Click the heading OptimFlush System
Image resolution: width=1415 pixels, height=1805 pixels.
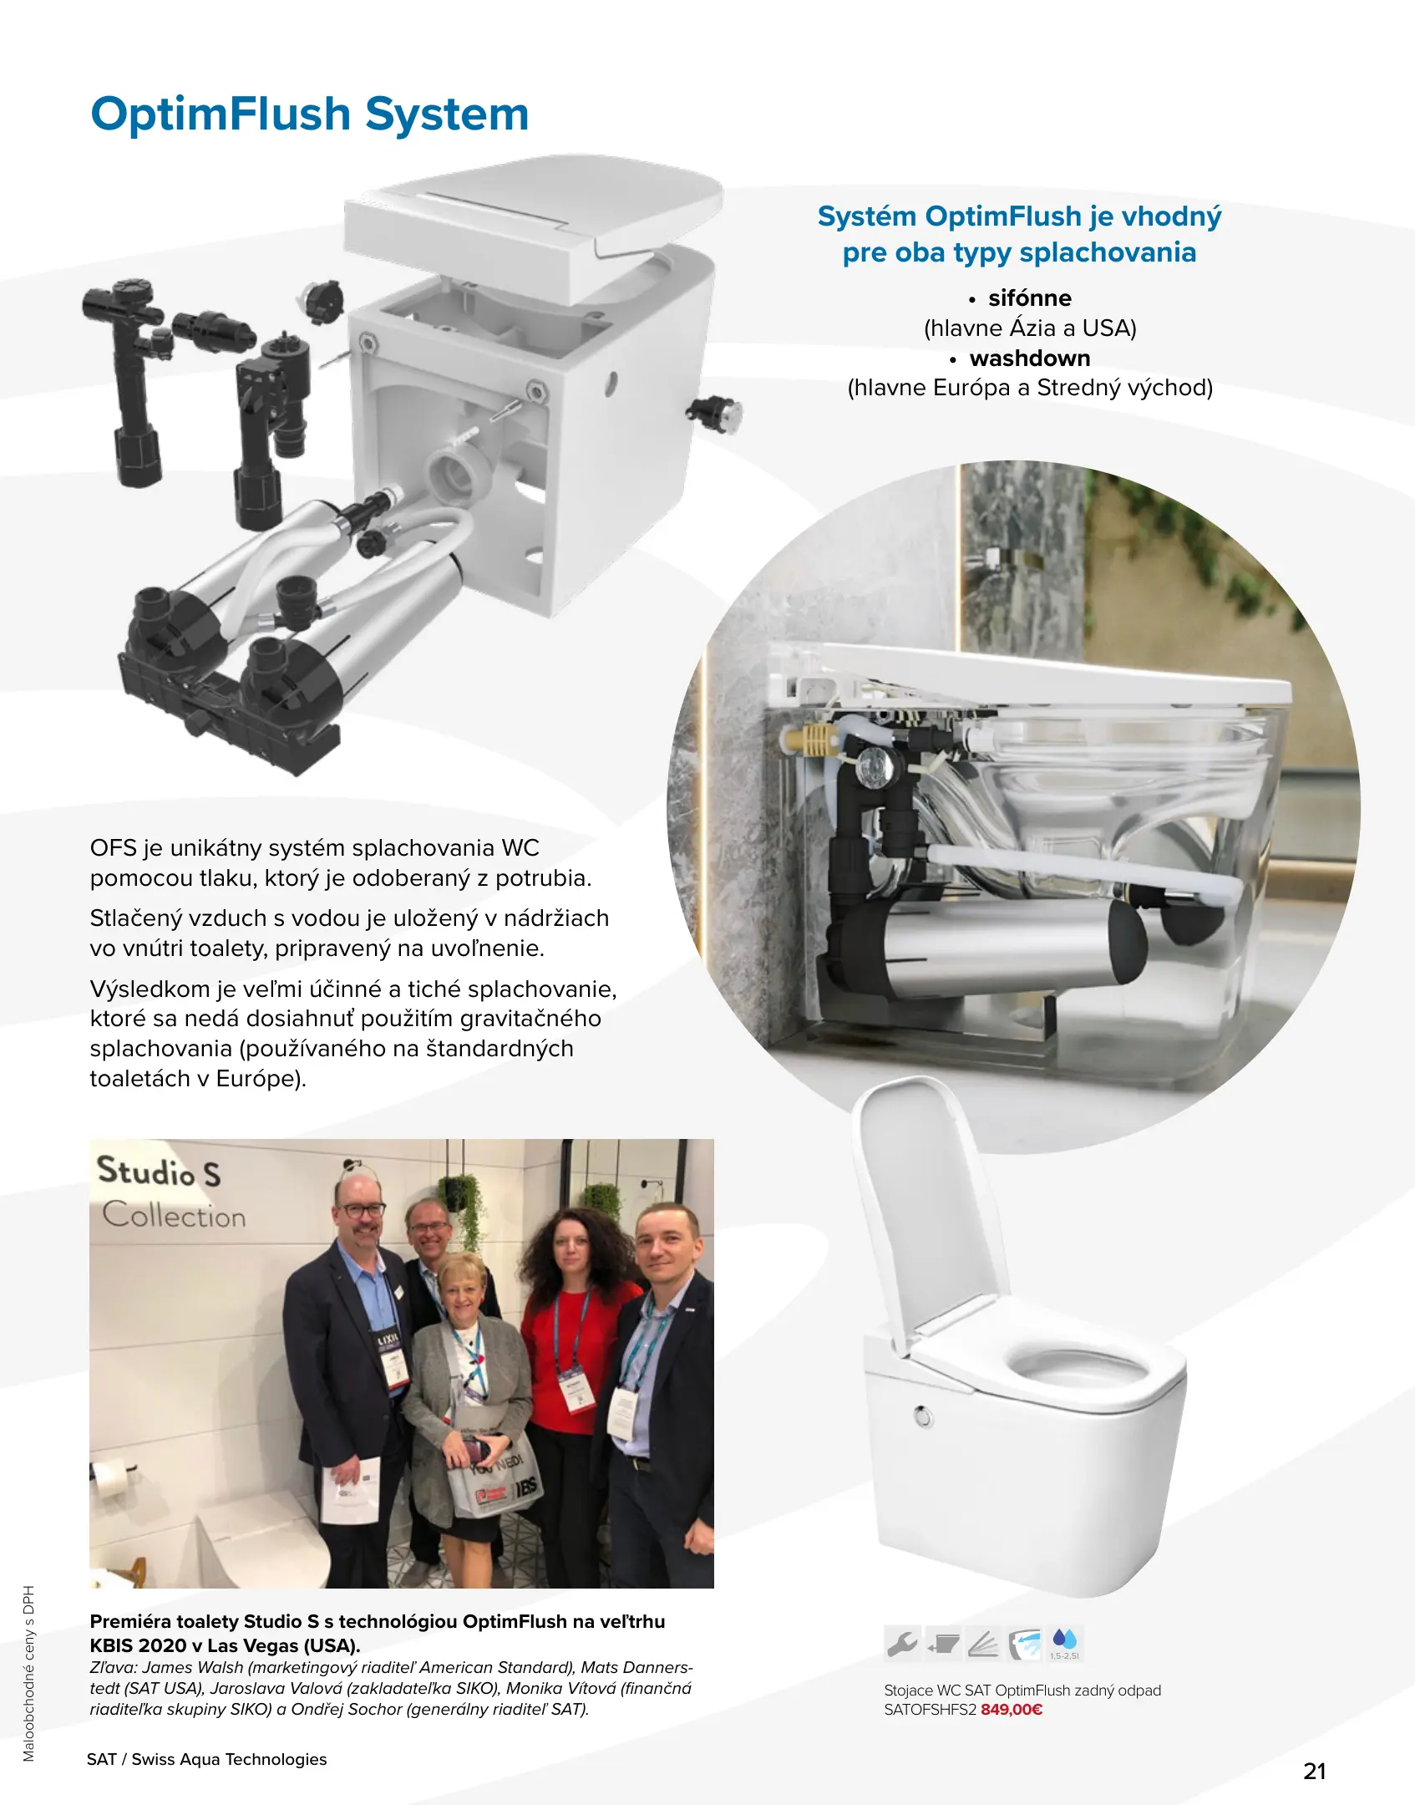(310, 114)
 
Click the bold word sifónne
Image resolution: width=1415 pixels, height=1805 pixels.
(1029, 298)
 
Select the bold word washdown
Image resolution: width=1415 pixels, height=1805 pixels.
(1030, 358)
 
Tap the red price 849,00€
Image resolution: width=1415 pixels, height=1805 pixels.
(1012, 1709)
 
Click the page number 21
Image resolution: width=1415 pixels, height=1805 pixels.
(1315, 1771)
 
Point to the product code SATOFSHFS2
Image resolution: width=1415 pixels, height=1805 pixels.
(930, 1709)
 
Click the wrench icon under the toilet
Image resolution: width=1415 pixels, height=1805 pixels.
(902, 1643)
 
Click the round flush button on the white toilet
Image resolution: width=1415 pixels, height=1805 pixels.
(923, 1416)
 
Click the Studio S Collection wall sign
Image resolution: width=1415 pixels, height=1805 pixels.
(171, 1192)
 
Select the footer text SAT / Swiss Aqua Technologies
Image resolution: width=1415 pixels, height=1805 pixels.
(206, 1759)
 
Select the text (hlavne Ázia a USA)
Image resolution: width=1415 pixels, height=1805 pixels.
(1030, 328)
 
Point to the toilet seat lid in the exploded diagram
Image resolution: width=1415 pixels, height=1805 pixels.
(535, 226)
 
